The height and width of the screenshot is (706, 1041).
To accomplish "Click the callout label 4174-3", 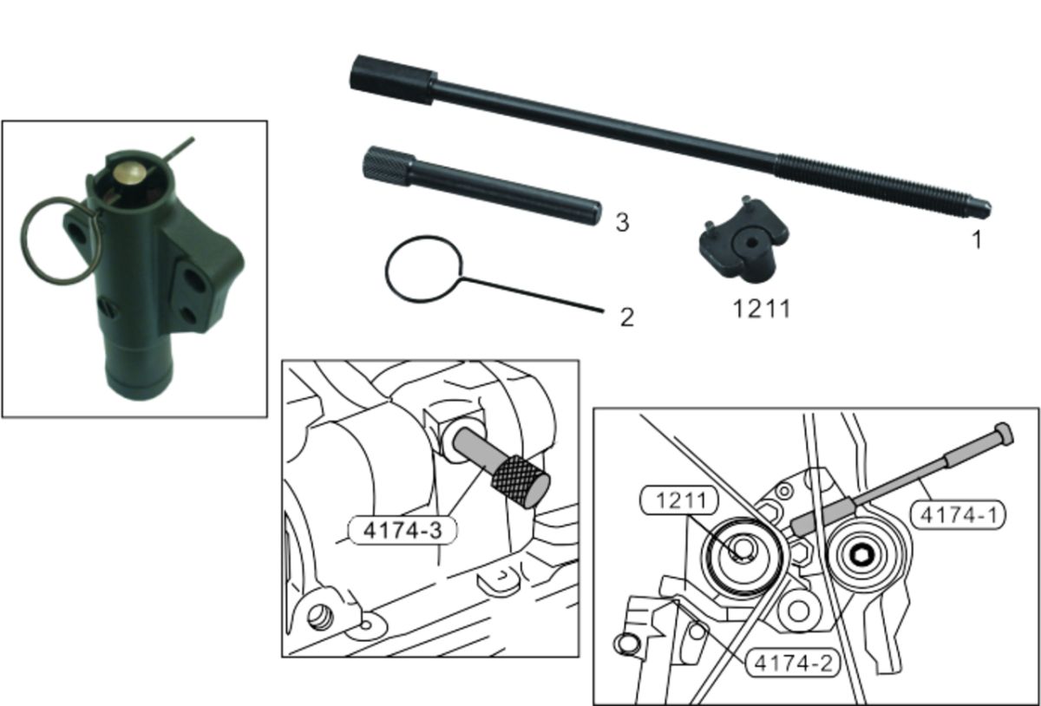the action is coord(403,530).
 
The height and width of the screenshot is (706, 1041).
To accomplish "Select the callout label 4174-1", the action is coord(958,514).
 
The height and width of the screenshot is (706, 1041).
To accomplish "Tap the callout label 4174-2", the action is coord(793,664).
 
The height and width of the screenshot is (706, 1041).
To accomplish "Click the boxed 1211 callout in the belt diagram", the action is coord(679,500).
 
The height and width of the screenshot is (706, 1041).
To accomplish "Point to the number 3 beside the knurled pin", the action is coord(622,222).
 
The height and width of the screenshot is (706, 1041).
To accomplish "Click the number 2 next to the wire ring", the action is coord(627,317).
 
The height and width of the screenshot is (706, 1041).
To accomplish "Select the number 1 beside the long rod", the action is coord(977,240).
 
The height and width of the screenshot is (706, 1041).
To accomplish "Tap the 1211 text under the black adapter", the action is coord(762,309).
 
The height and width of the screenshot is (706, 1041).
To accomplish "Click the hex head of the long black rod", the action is coord(393,80).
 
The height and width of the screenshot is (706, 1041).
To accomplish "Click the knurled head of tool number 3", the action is coord(389,166).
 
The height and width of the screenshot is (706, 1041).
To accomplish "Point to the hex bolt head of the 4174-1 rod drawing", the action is coord(1004,435).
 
